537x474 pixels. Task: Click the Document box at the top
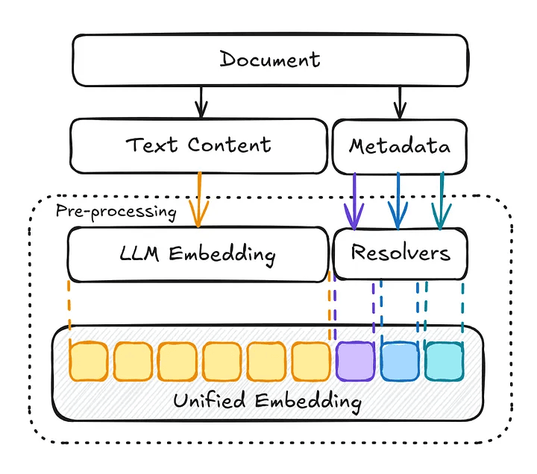(269, 59)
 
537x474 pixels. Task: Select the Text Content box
(198, 143)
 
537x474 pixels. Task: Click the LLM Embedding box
(198, 254)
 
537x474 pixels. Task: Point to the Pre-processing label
(116, 211)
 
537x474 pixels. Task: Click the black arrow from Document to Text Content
(199, 101)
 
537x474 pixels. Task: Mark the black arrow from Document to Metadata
(400, 101)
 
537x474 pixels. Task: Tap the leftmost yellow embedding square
(88, 361)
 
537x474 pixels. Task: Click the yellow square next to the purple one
(310, 361)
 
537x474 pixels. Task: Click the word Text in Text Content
(152, 143)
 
